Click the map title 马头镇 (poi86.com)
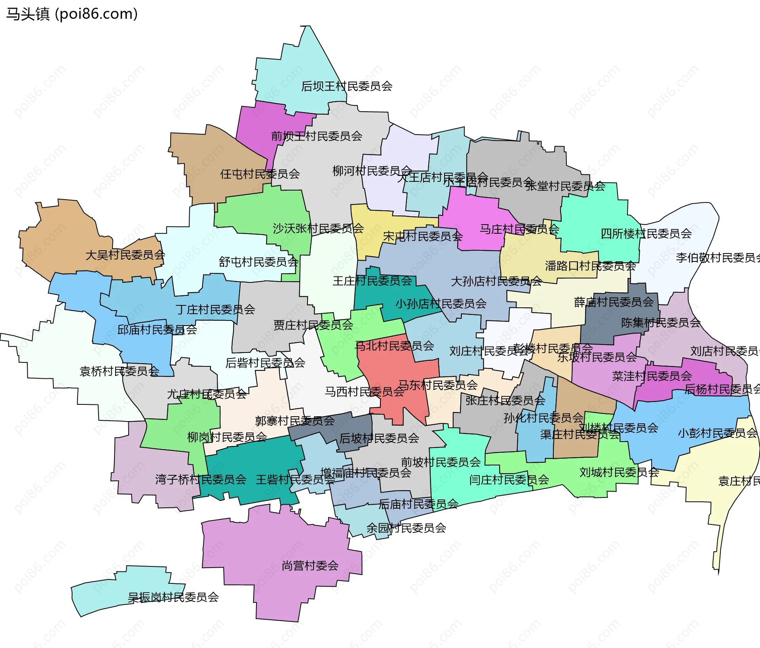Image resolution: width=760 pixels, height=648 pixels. pyautogui.click(x=72, y=14)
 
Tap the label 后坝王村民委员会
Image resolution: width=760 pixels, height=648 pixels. pyautogui.click(x=346, y=86)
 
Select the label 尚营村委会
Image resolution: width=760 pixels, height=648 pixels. pyautogui.click(x=310, y=566)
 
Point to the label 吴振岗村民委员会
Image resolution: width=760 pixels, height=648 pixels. pyautogui.click(x=173, y=597)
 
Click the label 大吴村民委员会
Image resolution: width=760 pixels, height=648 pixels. pyautogui.click(x=125, y=255)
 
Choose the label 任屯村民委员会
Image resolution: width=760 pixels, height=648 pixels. pyautogui.click(x=260, y=174)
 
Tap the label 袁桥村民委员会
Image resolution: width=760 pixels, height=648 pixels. pyautogui.click(x=119, y=372)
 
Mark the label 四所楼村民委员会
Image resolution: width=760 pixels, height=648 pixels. pyautogui.click(x=646, y=234)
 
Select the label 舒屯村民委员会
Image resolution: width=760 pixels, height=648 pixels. pyautogui.click(x=258, y=262)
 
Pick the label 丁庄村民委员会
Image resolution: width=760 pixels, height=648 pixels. pyautogui.click(x=215, y=309)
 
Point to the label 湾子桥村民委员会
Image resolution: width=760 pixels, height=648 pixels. pyautogui.click(x=201, y=480)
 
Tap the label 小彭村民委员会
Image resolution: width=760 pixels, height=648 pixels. pyautogui.click(x=717, y=433)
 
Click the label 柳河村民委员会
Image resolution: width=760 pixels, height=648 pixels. pyautogui.click(x=372, y=171)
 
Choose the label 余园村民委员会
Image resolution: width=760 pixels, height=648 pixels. pyautogui.click(x=406, y=528)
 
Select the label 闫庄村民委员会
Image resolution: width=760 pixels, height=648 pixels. pyautogui.click(x=509, y=480)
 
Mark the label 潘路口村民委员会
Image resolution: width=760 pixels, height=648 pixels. pyautogui.click(x=590, y=266)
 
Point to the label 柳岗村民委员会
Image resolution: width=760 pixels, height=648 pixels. pyautogui.click(x=227, y=437)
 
